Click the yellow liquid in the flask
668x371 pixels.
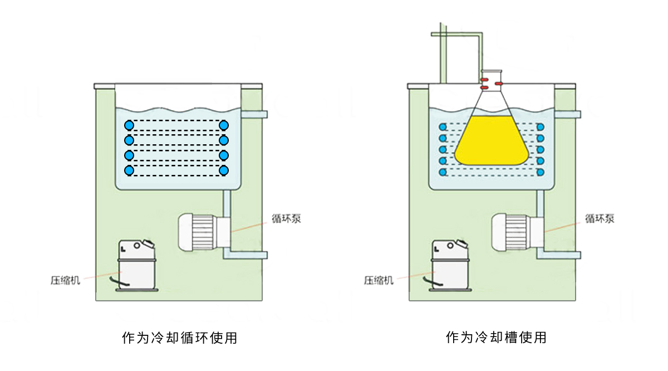click(x=491, y=142)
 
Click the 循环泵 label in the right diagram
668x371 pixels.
click(x=600, y=219)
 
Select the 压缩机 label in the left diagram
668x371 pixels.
click(x=66, y=280)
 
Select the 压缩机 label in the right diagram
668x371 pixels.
click(x=379, y=280)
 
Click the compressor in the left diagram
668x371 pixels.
click(x=137, y=265)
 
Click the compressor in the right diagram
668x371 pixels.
click(x=450, y=265)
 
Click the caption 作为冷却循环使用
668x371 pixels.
click(x=179, y=338)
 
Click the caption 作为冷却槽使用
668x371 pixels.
click(x=496, y=338)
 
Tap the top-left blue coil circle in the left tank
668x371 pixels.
click(x=129, y=125)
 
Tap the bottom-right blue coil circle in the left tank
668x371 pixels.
click(x=224, y=169)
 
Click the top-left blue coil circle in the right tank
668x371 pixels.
click(x=443, y=126)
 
